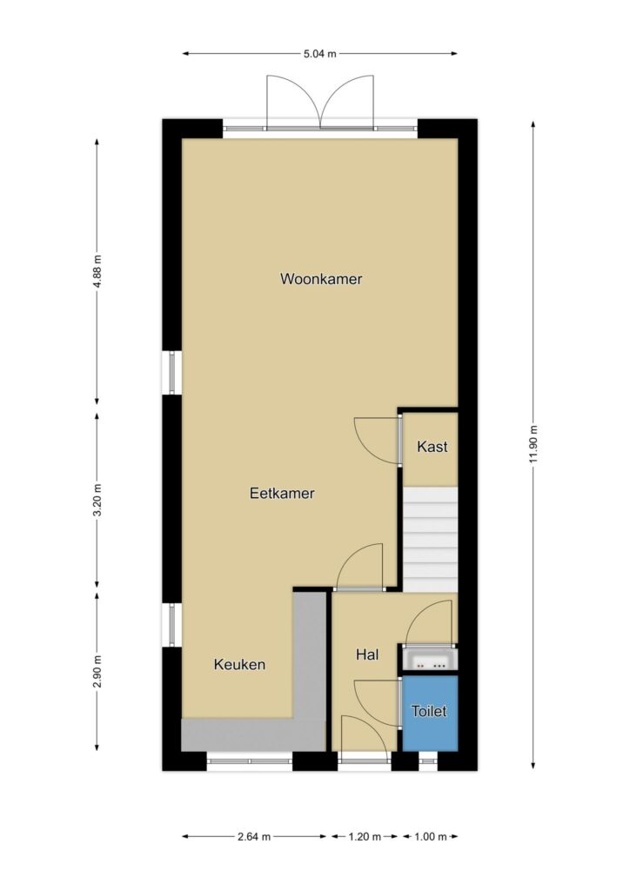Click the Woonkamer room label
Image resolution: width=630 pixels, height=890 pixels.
321,279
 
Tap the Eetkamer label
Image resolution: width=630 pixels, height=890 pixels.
282,493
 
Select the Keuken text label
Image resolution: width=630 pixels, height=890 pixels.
239,664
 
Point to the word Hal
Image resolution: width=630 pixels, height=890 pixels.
367,654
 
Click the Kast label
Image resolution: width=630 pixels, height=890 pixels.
432,446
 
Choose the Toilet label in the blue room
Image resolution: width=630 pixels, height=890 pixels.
429,711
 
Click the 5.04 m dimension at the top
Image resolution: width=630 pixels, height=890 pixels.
320,54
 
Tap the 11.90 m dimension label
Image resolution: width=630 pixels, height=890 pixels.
533,443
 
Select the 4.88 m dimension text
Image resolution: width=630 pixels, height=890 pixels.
97,271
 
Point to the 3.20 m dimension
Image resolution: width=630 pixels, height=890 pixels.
97,500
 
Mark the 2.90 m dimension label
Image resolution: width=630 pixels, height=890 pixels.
97,672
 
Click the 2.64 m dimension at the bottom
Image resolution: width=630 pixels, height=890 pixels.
254,836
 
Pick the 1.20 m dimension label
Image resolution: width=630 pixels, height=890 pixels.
364,836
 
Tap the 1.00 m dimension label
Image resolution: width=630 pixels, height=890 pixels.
430,836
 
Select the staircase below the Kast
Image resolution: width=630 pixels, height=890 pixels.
430,539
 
